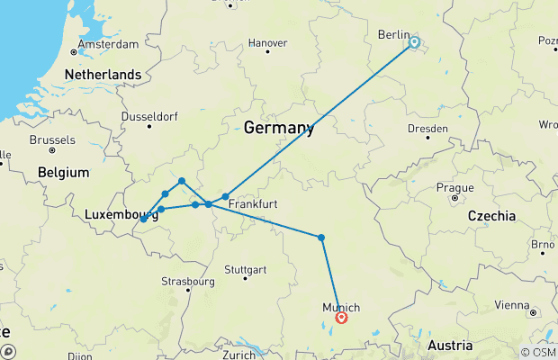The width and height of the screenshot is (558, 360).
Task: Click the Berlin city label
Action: [393, 34]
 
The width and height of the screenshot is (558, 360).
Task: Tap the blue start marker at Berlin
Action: [414, 41]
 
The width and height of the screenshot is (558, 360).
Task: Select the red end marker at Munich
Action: [341, 317]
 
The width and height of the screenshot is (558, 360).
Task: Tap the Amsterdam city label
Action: [108, 44]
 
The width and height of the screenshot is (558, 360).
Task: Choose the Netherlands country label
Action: [102, 75]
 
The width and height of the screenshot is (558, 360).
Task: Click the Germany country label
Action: [278, 128]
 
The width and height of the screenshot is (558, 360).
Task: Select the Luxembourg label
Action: [115, 215]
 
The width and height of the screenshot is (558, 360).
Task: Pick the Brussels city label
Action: [52, 140]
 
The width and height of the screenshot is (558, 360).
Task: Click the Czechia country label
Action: [490, 216]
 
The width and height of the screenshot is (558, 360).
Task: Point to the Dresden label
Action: [427, 130]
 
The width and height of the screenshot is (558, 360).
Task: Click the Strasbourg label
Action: [187, 281]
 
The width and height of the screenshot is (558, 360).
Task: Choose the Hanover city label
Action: [267, 42]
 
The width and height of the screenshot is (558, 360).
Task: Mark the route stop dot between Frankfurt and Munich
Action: [321, 238]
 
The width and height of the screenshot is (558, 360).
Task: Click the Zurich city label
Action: [240, 355]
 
